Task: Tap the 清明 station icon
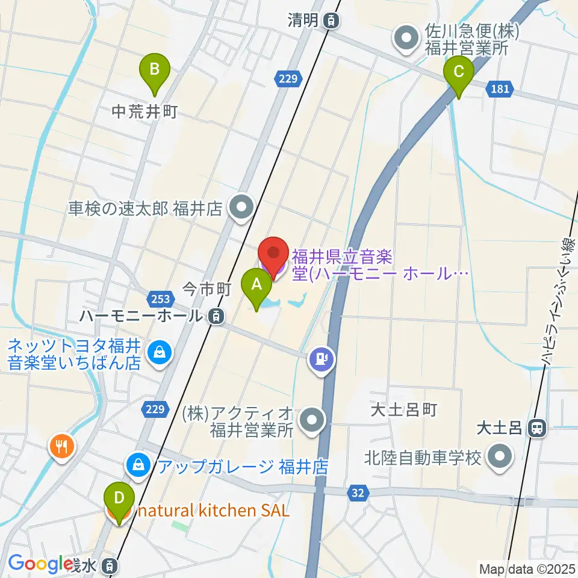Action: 330,21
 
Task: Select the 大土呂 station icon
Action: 535,428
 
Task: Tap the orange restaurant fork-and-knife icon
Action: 62,447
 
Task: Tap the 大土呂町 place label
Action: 403,410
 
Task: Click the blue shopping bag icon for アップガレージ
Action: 138,465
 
